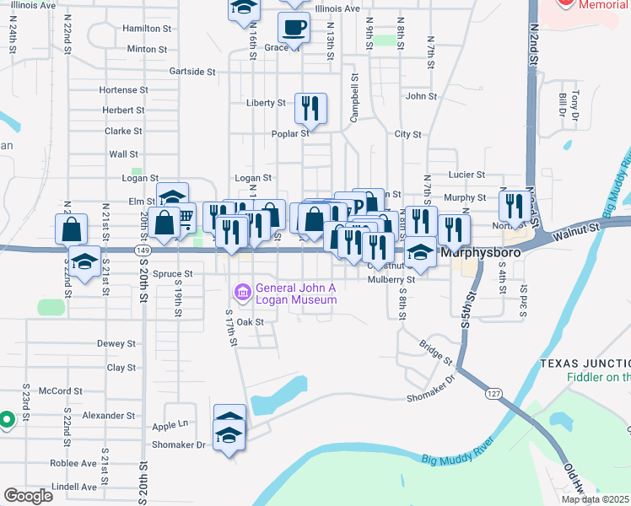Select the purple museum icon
[x=243, y=293]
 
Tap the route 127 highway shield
[x=494, y=393]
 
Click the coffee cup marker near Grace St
[x=294, y=29]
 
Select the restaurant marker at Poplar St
[x=310, y=109]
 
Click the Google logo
[x=28, y=496]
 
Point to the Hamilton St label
[x=147, y=28]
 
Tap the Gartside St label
[x=192, y=72]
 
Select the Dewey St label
[x=116, y=343]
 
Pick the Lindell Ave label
[x=74, y=487]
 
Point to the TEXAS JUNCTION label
[x=585, y=363]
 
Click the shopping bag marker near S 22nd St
[x=71, y=229]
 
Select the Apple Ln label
[x=170, y=424]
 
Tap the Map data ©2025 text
[x=595, y=499]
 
